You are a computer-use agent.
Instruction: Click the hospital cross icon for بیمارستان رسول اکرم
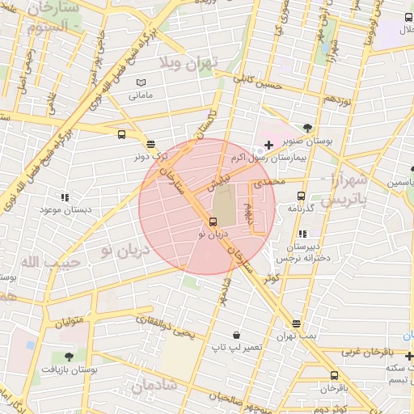(x=268, y=144)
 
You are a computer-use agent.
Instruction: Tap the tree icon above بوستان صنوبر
(x=308, y=126)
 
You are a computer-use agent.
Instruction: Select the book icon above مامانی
(x=142, y=82)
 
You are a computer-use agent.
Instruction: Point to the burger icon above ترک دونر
(x=151, y=144)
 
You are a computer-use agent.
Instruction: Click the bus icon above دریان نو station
(x=213, y=222)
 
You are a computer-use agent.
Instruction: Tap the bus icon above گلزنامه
(x=301, y=196)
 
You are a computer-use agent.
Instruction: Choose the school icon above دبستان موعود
(x=65, y=196)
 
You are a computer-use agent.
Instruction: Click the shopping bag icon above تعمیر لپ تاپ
(x=236, y=335)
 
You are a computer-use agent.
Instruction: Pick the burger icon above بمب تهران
(x=297, y=323)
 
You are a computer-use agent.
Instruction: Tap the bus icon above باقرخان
(x=334, y=375)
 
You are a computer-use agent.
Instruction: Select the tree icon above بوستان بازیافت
(x=68, y=356)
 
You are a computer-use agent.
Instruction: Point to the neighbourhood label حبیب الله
(x=39, y=261)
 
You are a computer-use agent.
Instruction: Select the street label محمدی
(x=269, y=184)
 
